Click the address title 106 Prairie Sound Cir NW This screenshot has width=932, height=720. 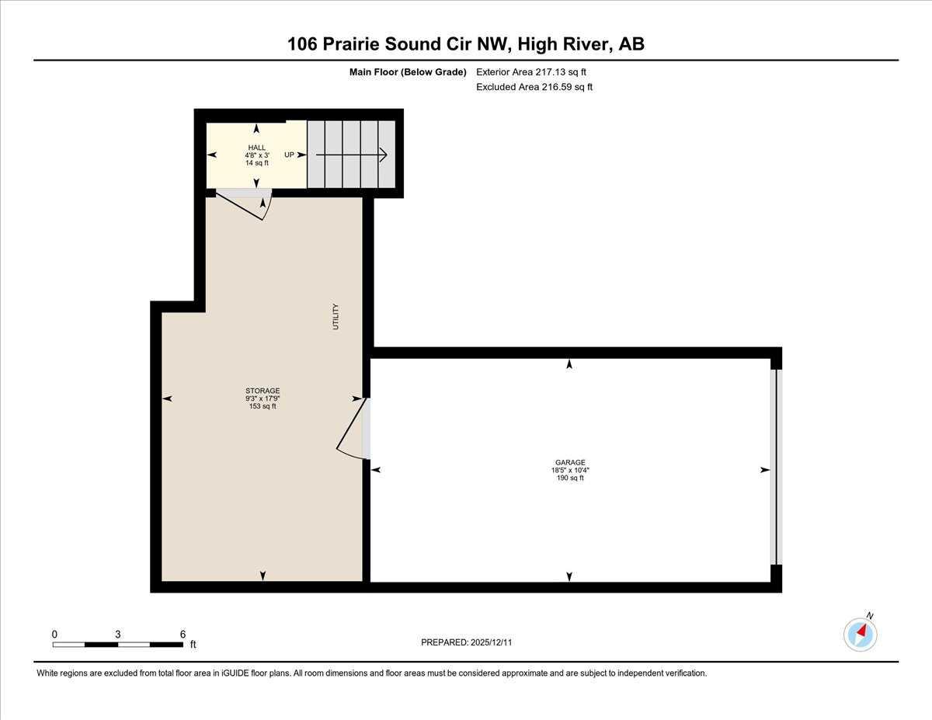465,44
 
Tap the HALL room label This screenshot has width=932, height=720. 256,148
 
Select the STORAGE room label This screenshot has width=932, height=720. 263,391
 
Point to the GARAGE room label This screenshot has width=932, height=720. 570,462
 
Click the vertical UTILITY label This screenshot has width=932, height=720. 336,317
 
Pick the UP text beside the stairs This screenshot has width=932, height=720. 289,155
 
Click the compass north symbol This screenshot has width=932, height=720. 861,634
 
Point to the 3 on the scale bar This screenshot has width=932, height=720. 117,634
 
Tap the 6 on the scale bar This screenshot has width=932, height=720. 183,634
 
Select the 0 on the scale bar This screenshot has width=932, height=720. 54,634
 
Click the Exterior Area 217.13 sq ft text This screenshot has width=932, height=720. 530,72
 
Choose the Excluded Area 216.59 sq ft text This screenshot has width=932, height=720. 534,87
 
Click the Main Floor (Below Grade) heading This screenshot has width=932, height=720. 407,72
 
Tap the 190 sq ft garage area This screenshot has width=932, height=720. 570,478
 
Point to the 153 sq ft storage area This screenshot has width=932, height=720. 263,406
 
